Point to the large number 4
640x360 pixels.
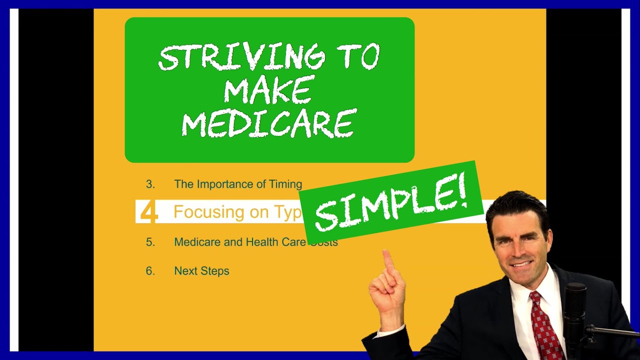(148, 212)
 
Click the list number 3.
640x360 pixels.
(150, 184)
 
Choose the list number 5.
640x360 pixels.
(150, 242)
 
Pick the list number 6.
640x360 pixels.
(150, 271)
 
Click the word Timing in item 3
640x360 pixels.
(285, 184)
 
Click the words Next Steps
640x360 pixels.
(201, 271)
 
